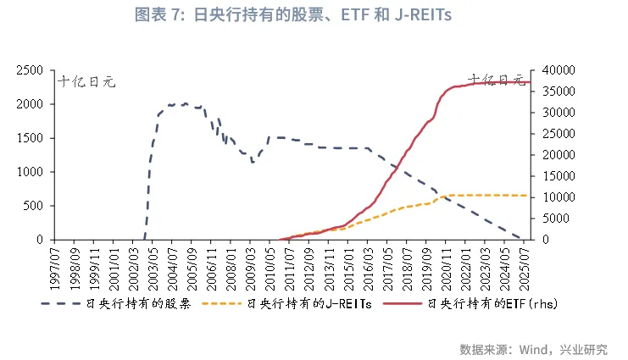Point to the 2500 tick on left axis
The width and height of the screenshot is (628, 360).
click(x=31, y=70)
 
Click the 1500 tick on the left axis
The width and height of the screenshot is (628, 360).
click(x=31, y=138)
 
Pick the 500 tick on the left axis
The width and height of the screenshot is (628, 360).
click(x=34, y=206)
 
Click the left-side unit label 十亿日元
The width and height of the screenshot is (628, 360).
click(x=86, y=82)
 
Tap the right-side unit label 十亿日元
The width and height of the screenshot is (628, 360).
click(x=497, y=80)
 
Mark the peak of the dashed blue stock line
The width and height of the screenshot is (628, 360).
click(x=186, y=103)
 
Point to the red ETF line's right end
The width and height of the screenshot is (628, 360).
click(x=530, y=82)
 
